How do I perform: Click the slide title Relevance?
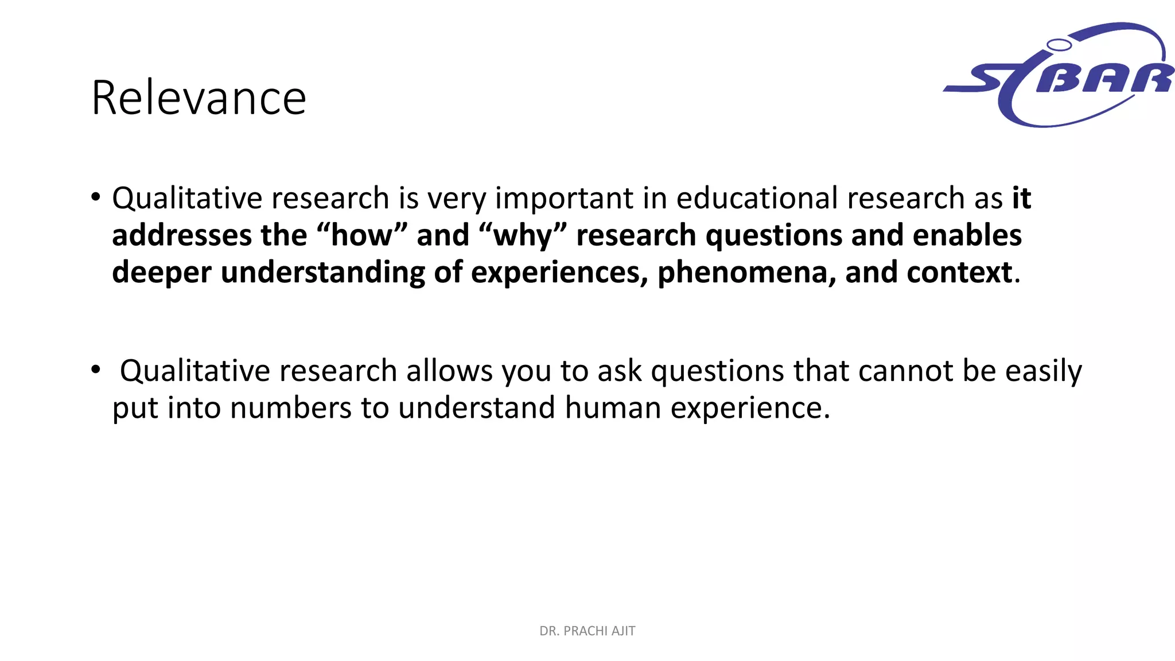pos(199,98)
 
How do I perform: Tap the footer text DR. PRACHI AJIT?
pos(587,631)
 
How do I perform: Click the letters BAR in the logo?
pos(1104,79)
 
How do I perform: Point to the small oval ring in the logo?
pos(1059,45)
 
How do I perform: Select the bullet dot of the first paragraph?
pos(96,197)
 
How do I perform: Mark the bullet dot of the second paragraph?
pos(96,370)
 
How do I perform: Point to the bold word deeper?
pos(161,273)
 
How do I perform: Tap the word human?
pos(613,408)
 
